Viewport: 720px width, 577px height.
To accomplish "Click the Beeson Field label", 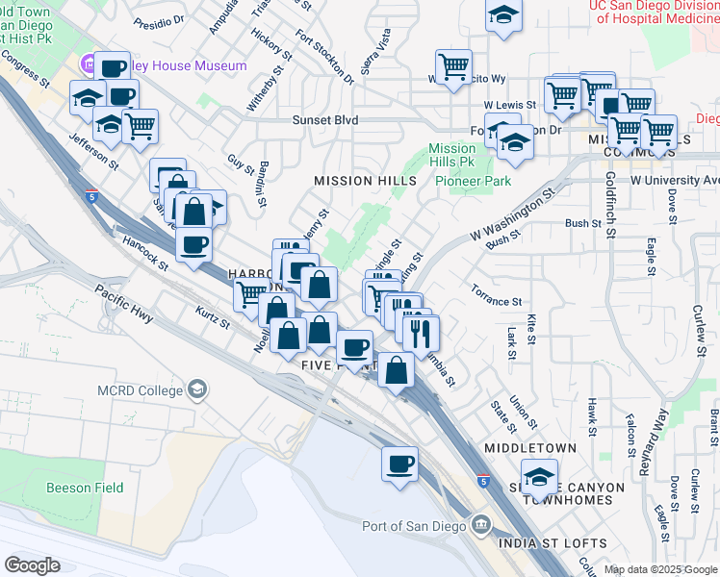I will click(85, 488).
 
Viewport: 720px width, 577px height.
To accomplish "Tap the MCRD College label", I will click(140, 390).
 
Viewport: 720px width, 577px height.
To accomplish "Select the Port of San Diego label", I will click(413, 526).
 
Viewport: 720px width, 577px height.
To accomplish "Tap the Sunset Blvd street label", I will click(325, 120).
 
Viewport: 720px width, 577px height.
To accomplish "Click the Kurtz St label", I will click(212, 316).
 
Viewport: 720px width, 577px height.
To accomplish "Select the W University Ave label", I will click(674, 180).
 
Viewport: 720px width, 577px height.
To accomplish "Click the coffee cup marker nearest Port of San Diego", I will click(399, 464).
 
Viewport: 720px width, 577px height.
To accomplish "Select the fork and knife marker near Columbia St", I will click(422, 333).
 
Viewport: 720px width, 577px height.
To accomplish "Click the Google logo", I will click(32, 565).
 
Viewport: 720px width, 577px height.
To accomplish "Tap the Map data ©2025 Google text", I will click(661, 569).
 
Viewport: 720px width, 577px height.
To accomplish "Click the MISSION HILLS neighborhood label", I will click(356, 181).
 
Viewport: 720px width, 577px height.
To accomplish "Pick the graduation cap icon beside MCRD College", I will click(197, 389).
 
